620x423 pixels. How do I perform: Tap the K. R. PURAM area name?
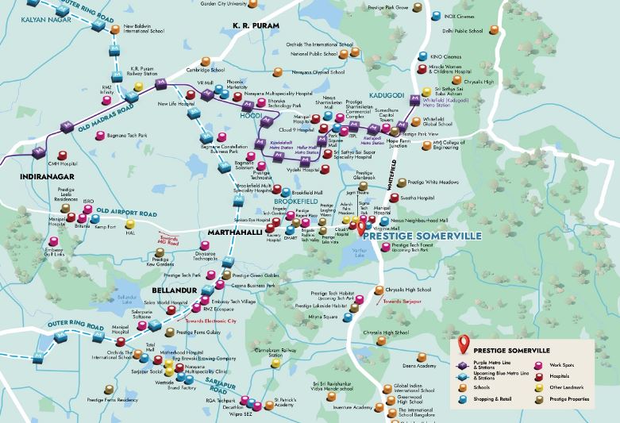click(x=258, y=25)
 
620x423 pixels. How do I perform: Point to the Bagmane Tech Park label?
click(x=132, y=137)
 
